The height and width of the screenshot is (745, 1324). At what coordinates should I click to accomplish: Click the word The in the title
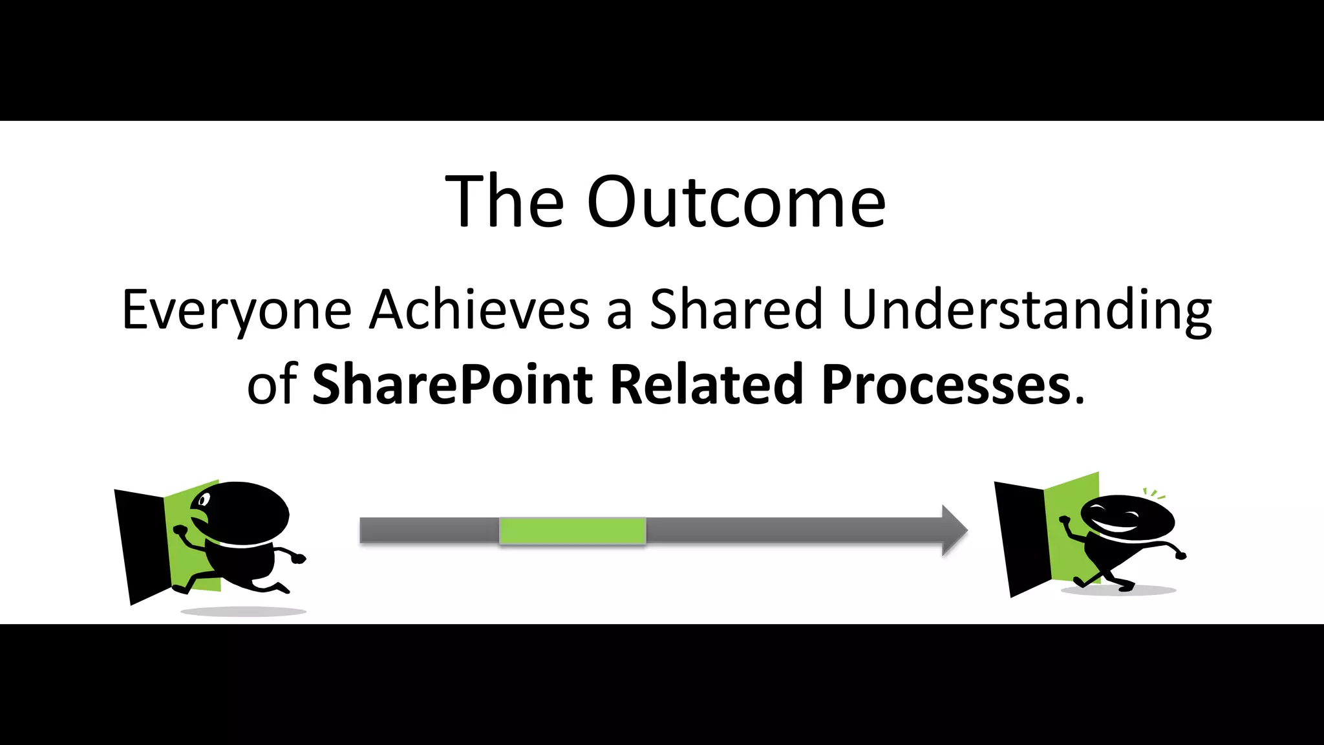click(505, 202)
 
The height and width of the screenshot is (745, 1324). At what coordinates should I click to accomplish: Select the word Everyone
click(237, 310)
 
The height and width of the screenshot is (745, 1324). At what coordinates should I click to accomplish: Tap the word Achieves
click(480, 310)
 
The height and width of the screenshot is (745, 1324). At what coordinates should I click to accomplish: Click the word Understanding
click(1027, 310)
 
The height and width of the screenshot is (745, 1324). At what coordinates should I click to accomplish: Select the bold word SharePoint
click(452, 385)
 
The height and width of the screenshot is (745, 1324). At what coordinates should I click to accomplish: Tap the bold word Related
click(706, 385)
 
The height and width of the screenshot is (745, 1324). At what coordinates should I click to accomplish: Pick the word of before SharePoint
click(272, 386)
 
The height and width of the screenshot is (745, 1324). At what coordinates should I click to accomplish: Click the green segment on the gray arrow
click(572, 531)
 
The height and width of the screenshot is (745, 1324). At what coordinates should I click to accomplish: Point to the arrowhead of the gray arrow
click(954, 530)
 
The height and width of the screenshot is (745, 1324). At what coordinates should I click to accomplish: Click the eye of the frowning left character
click(204, 500)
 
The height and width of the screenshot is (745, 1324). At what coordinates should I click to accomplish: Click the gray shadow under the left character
click(243, 611)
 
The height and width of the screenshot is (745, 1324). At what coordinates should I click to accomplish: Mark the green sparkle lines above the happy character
click(1154, 494)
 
